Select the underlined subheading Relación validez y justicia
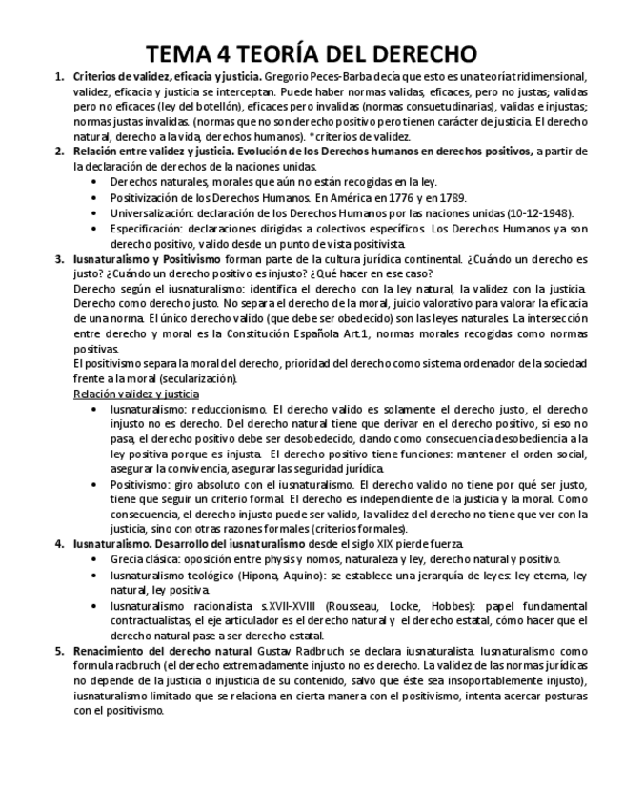pyautogui.click(x=136, y=394)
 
